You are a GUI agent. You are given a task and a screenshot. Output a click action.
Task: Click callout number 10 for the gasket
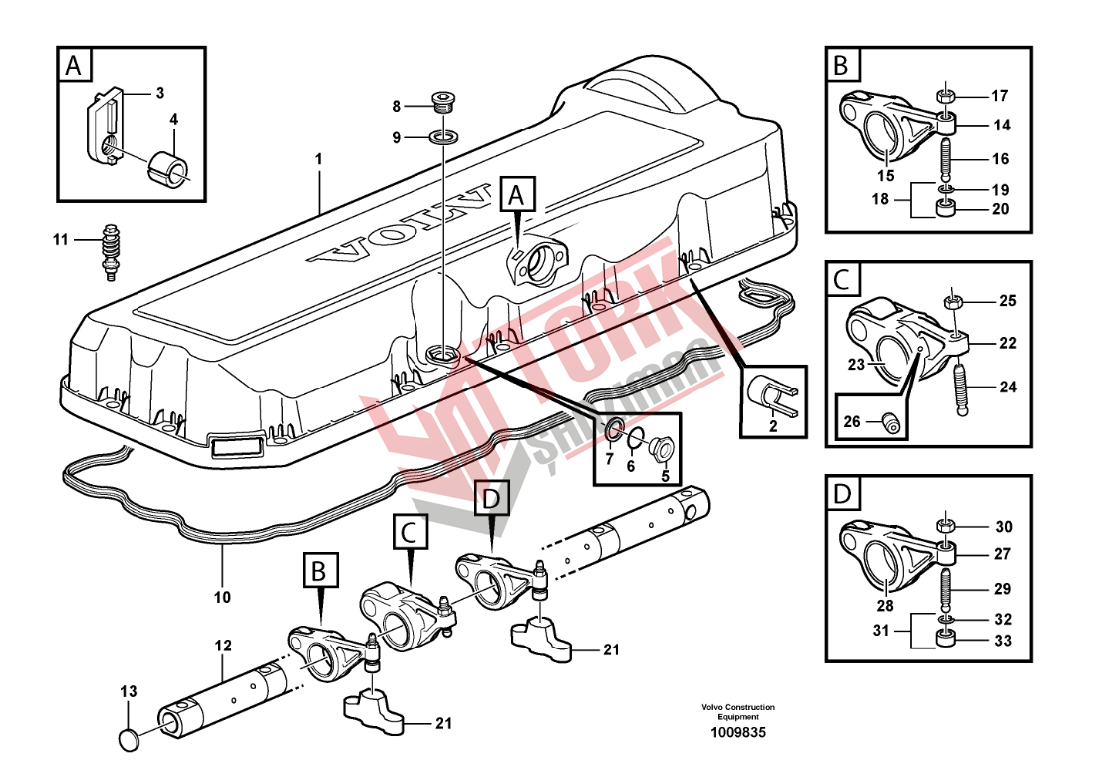coord(222,598)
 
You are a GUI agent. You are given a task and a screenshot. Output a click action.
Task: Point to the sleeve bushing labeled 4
coord(170,167)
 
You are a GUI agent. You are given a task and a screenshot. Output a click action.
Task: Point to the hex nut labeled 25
coord(953,299)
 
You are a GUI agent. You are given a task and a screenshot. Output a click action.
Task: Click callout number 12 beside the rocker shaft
coord(222,646)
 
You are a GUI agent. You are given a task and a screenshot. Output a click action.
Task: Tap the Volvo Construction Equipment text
coord(737,712)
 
